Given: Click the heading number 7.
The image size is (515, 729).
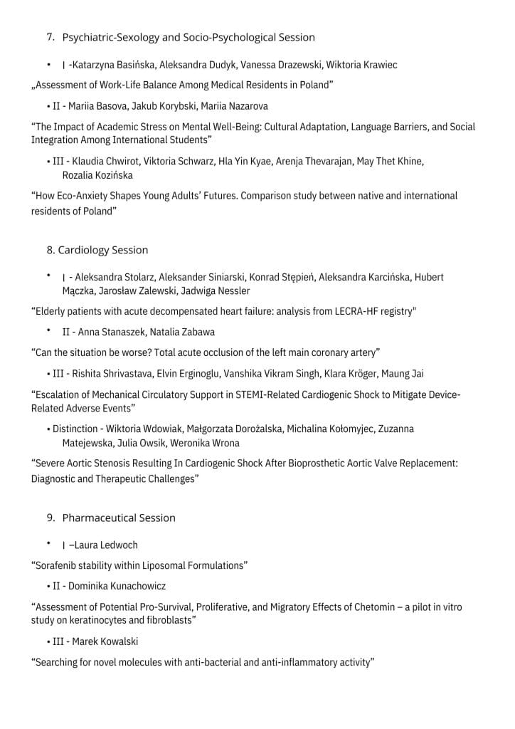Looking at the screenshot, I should coord(51,37).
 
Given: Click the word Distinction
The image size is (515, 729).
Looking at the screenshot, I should coord(75,429).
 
